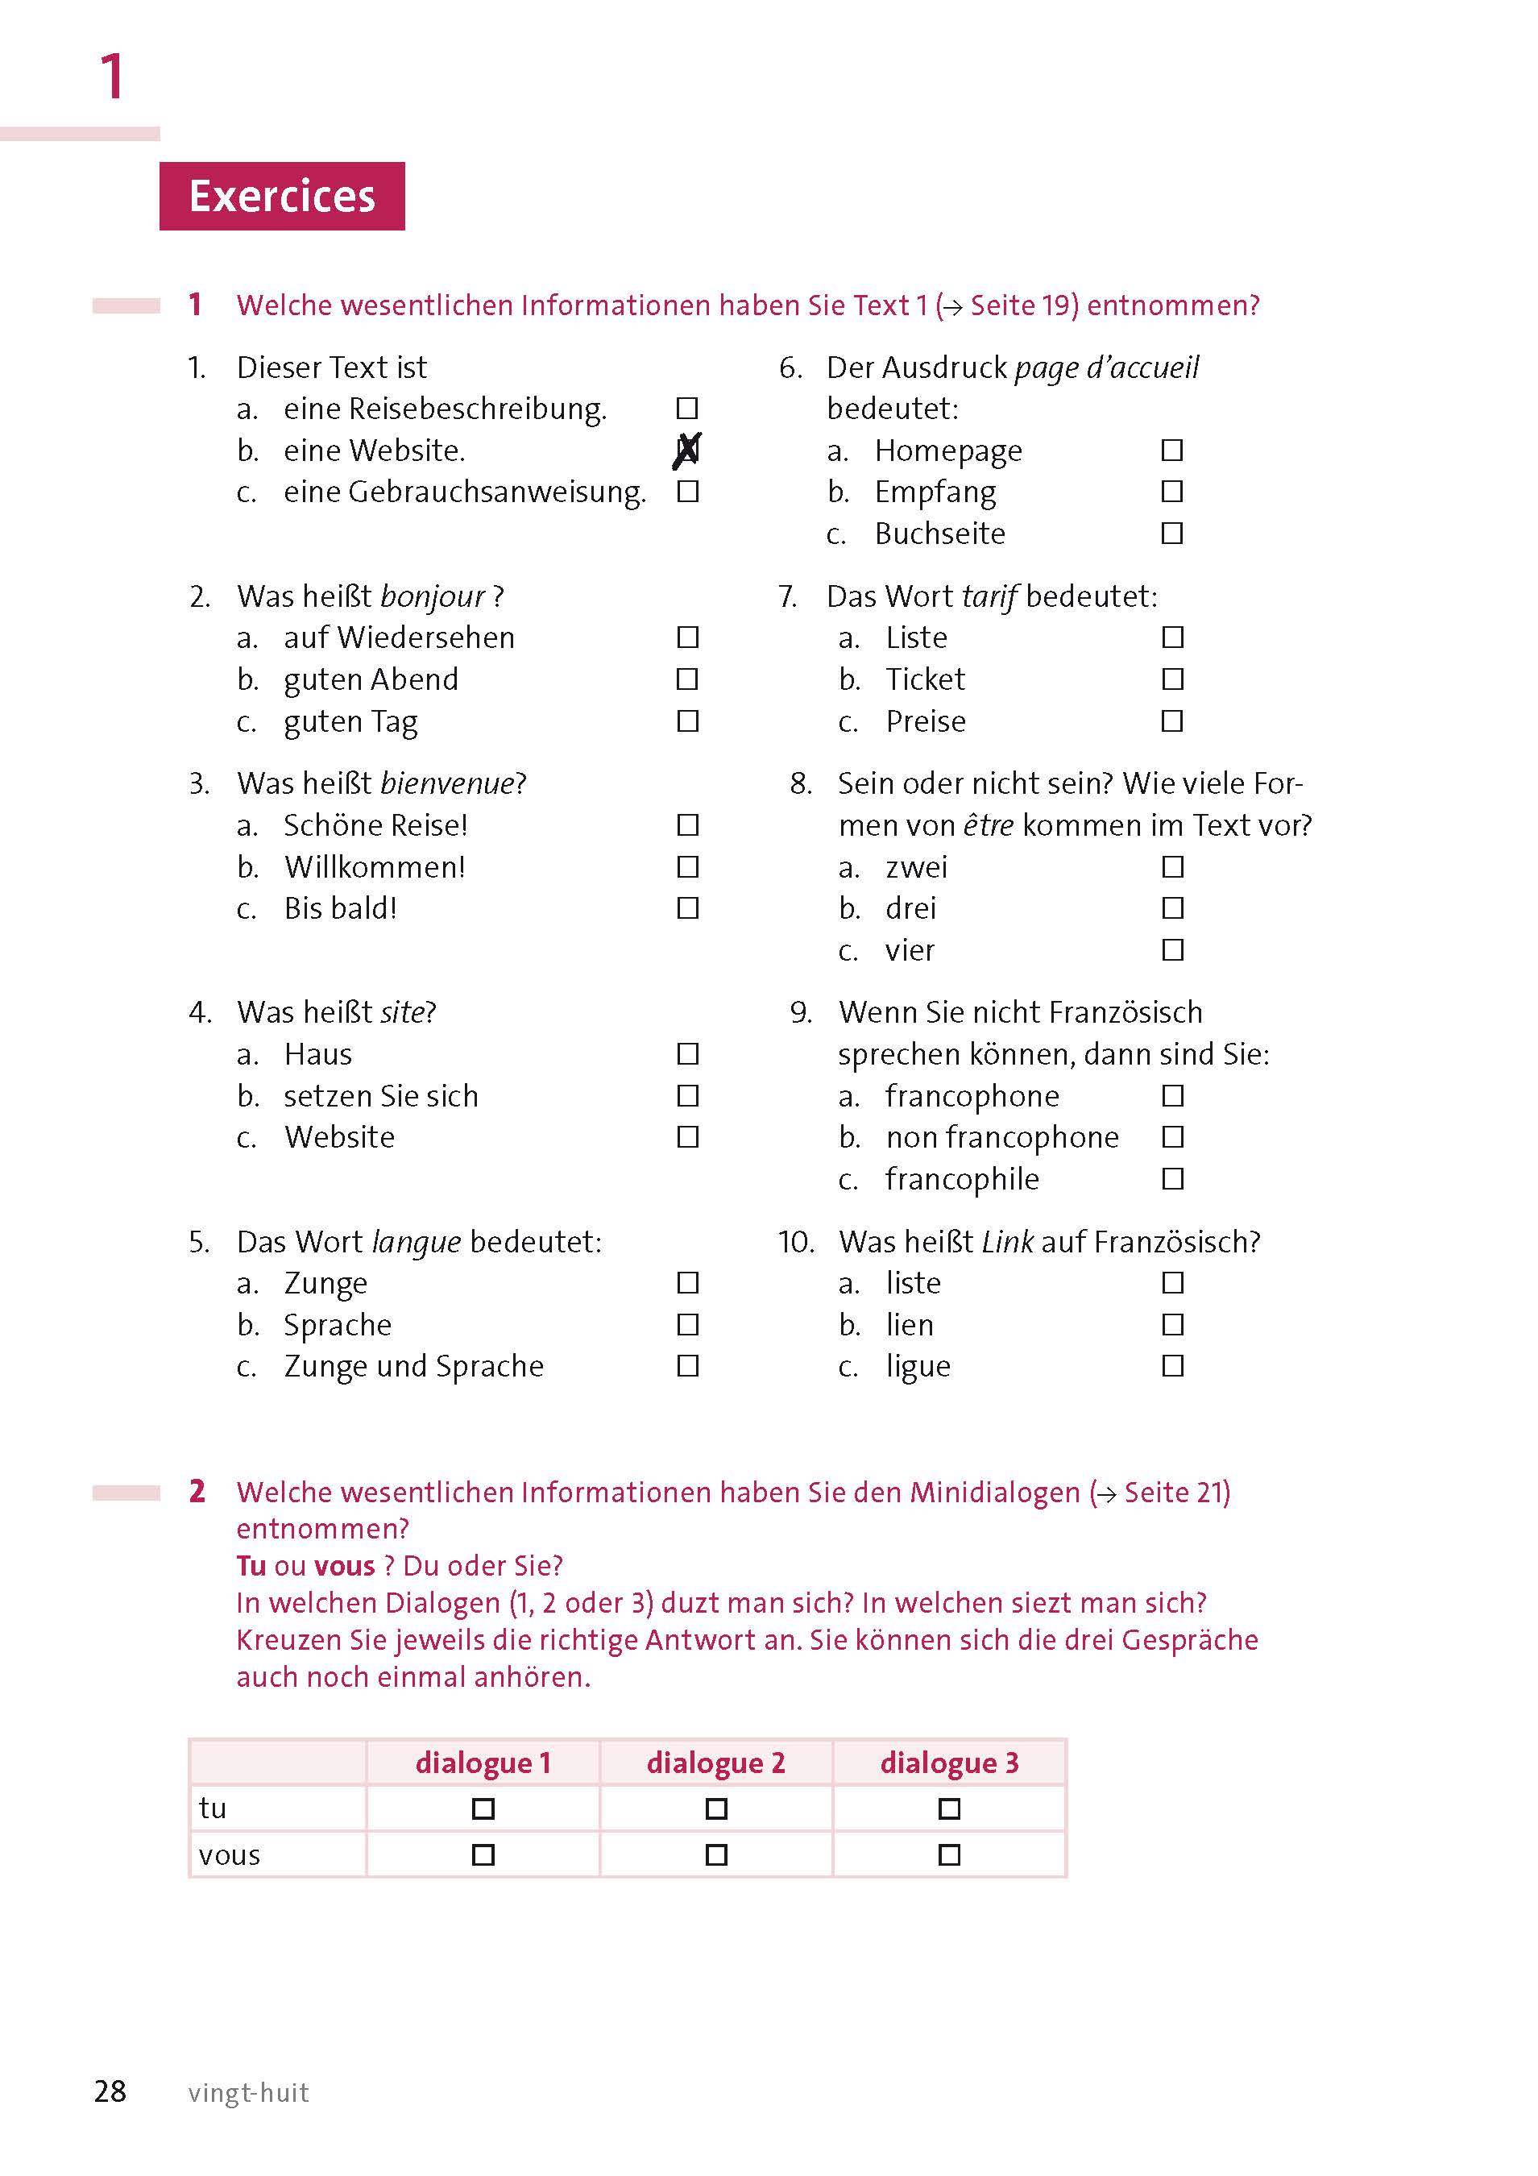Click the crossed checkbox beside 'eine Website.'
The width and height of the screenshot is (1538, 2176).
tap(688, 451)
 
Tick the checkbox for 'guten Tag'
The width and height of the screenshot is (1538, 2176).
tap(688, 721)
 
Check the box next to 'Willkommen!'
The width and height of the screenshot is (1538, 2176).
tap(688, 867)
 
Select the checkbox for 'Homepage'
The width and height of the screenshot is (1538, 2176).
tap(1172, 451)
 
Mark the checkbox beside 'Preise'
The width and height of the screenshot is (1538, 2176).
tap(1172, 721)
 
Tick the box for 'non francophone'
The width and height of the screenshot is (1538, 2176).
tap(1173, 1136)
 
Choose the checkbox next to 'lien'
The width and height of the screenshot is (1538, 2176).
tap(1173, 1324)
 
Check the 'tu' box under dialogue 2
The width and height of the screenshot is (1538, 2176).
tap(716, 1809)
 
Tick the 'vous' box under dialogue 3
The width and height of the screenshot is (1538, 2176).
tap(948, 1854)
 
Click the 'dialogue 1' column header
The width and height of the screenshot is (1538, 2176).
tap(483, 1763)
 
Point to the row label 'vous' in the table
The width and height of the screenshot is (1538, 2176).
tap(230, 1854)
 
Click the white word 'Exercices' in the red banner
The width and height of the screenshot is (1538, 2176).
tap(283, 196)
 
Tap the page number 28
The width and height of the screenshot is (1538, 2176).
tap(110, 2091)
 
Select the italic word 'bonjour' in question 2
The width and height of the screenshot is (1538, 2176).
tap(433, 597)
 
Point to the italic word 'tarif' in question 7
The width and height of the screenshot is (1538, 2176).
tap(989, 597)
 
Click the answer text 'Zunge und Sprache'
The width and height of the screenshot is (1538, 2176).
tap(414, 1366)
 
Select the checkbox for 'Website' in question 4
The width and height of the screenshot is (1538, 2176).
tap(688, 1136)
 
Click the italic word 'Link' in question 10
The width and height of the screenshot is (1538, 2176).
tap(1007, 1242)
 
